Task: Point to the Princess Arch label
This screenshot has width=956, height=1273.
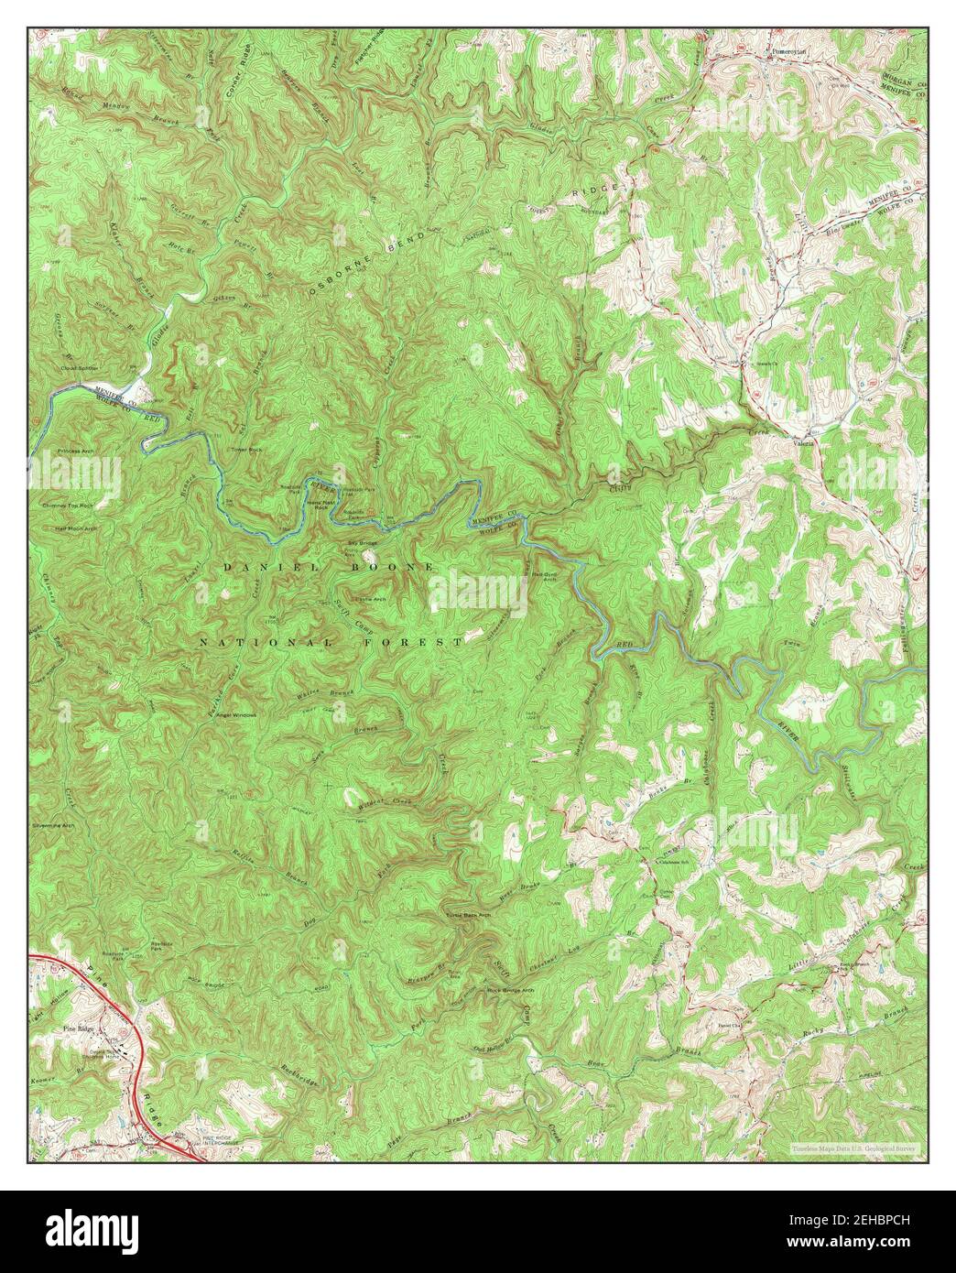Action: pyautogui.click(x=74, y=452)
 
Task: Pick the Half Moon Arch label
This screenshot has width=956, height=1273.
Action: pyautogui.click(x=73, y=528)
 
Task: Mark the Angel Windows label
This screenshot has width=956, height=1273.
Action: pyautogui.click(x=237, y=713)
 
